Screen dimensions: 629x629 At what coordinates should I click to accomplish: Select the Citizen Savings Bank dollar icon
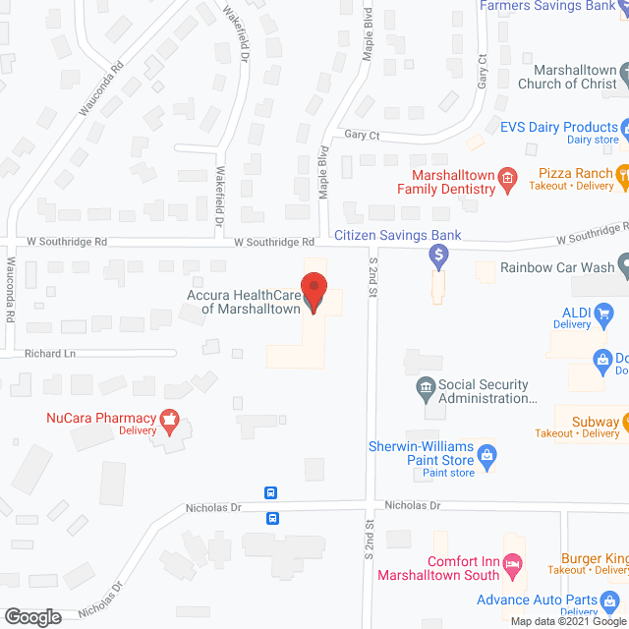click(x=439, y=257)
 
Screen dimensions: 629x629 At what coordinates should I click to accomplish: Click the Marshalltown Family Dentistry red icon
click(x=507, y=178)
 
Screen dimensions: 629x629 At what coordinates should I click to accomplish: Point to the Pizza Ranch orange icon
click(x=623, y=177)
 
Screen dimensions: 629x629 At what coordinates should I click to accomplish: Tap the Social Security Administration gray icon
click(x=426, y=390)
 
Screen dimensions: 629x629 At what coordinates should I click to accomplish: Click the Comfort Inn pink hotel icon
click(x=511, y=565)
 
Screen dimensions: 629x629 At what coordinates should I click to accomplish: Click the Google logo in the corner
click(x=32, y=616)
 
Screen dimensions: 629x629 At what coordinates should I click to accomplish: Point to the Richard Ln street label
click(x=49, y=353)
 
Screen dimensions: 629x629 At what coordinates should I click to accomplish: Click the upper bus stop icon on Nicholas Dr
click(x=271, y=493)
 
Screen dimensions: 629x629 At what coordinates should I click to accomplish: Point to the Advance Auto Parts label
click(x=548, y=600)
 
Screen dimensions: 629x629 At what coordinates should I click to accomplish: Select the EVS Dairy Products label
click(x=558, y=127)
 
